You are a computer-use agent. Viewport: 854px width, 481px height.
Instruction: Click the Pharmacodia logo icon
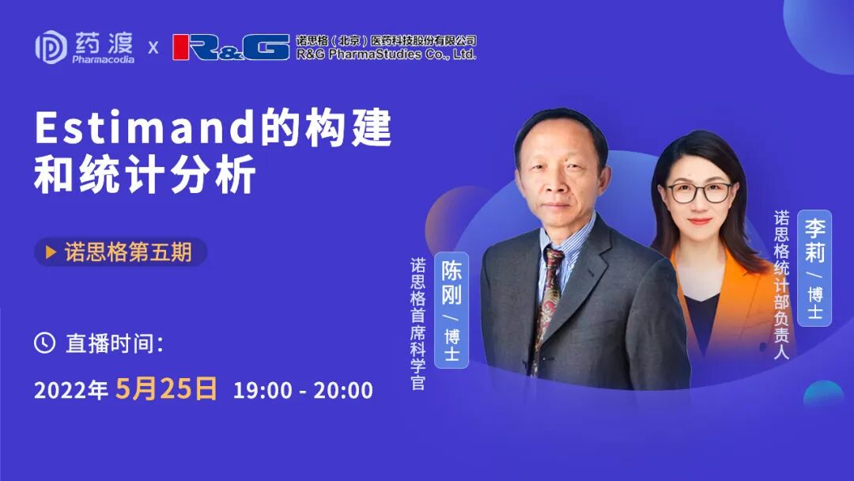click(x=51, y=47)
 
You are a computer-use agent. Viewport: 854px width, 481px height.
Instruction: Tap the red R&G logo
click(x=231, y=47)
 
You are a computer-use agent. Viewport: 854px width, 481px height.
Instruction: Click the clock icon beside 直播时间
click(x=44, y=343)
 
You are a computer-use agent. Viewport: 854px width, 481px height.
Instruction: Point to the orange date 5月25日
click(x=166, y=388)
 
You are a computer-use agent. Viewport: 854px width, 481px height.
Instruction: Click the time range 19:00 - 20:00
click(x=303, y=390)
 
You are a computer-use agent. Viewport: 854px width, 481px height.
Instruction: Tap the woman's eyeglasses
click(x=699, y=192)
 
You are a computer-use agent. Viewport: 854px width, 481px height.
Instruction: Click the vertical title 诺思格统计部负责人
click(x=781, y=285)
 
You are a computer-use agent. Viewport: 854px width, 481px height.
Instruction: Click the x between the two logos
click(x=153, y=47)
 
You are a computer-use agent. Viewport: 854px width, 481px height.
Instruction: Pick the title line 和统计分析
click(x=145, y=176)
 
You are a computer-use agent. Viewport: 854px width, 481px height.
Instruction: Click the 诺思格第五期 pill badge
click(x=120, y=252)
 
